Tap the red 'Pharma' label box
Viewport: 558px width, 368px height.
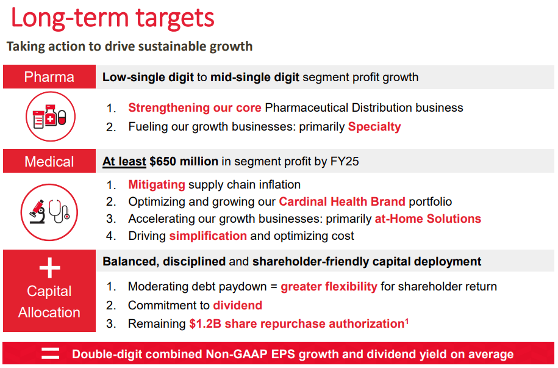[49, 77]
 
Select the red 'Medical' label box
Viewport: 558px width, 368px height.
[49, 161]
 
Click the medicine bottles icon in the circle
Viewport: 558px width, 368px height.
[49, 116]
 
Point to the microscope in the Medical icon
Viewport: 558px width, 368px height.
[37, 212]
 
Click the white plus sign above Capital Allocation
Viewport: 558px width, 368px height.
[49, 267]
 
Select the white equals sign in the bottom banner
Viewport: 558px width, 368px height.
[50, 353]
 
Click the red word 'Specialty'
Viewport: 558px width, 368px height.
[374, 126]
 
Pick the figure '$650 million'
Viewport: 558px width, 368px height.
[184, 161]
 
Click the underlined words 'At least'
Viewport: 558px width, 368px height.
[124, 161]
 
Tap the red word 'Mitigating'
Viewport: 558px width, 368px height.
[157, 184]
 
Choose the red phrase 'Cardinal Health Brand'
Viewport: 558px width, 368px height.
[342, 201]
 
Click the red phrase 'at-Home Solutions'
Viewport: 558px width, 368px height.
[427, 218]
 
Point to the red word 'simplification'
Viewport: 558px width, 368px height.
[208, 236]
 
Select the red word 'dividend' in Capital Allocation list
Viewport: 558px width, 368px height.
[237, 305]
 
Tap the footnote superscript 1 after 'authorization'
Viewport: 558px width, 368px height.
[407, 321]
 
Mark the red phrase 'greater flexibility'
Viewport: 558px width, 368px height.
[329, 286]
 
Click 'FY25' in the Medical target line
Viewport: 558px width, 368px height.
[345, 161]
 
